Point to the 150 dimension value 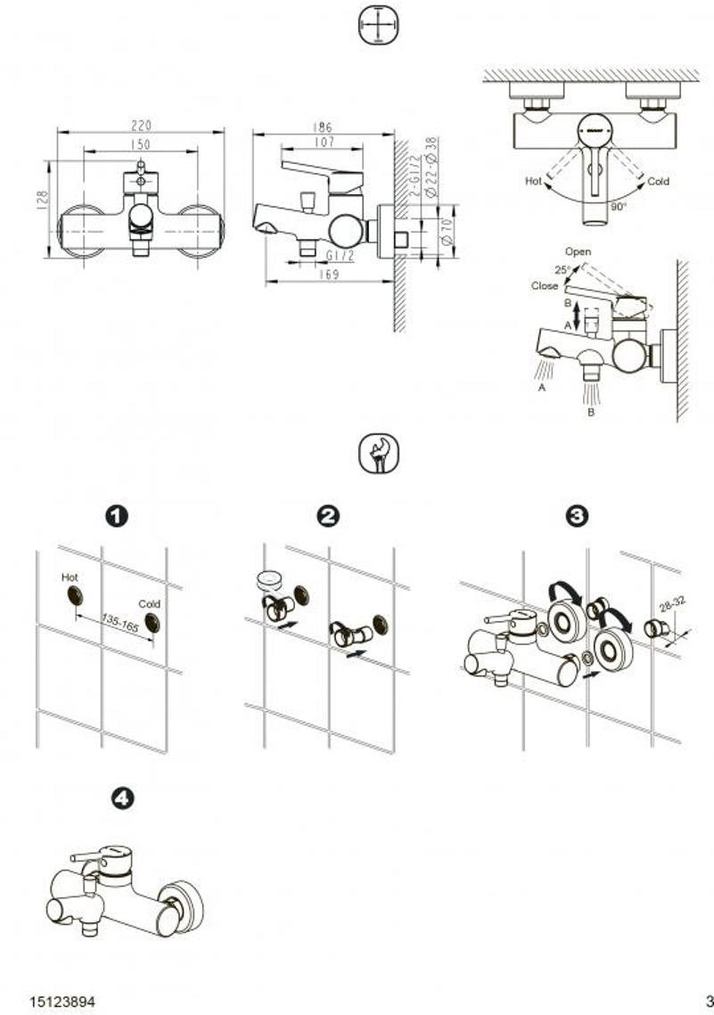point(140,144)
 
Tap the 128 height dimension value point(42,200)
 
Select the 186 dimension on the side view point(323,127)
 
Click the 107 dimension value point(323,142)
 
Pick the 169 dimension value point(330,275)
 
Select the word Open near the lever point(578,252)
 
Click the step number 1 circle point(116,516)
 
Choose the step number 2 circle point(329,516)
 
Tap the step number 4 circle point(121,798)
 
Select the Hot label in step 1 point(70,577)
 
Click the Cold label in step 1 point(149,603)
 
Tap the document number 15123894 point(62,1001)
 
